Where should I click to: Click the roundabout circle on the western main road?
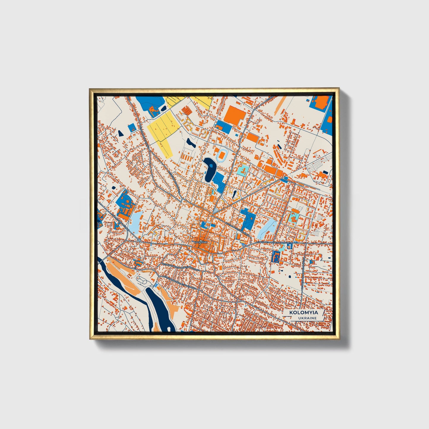tap(139, 240)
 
